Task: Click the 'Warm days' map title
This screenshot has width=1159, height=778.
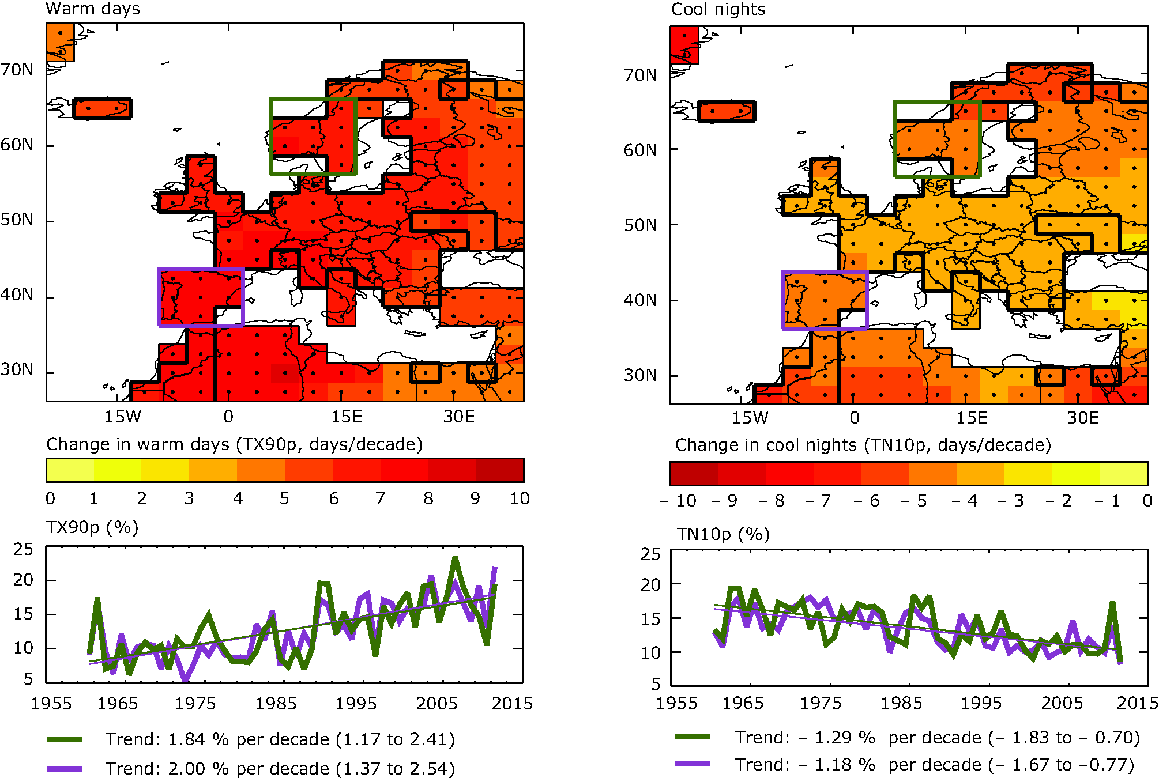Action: click(x=92, y=9)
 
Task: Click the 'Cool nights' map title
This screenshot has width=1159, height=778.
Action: click(x=718, y=9)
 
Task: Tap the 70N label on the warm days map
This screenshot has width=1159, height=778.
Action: click(x=17, y=70)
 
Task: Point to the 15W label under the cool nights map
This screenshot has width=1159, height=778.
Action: click(x=750, y=418)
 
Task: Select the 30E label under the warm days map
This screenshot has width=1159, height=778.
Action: click(x=458, y=417)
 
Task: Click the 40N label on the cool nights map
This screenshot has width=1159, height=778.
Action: click(x=640, y=300)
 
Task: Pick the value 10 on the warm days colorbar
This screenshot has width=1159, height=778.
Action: click(x=519, y=498)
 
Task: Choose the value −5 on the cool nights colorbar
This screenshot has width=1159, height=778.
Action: click(x=914, y=501)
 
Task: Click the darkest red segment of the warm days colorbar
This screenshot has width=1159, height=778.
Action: click(x=500, y=470)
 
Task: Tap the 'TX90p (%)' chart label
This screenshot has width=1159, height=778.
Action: click(x=92, y=527)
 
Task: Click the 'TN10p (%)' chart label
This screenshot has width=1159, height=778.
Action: click(x=723, y=534)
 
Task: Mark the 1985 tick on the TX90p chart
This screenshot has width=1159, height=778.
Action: click(x=276, y=704)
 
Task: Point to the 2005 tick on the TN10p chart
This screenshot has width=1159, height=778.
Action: click(x=1062, y=703)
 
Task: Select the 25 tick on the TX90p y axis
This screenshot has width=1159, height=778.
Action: click(x=24, y=549)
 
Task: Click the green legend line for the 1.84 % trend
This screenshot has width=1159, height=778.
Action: click(x=65, y=739)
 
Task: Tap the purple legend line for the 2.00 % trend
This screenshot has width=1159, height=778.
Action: click(x=65, y=768)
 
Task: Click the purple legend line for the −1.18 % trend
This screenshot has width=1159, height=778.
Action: click(x=692, y=764)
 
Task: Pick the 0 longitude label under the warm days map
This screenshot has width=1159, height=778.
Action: click(x=228, y=417)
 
